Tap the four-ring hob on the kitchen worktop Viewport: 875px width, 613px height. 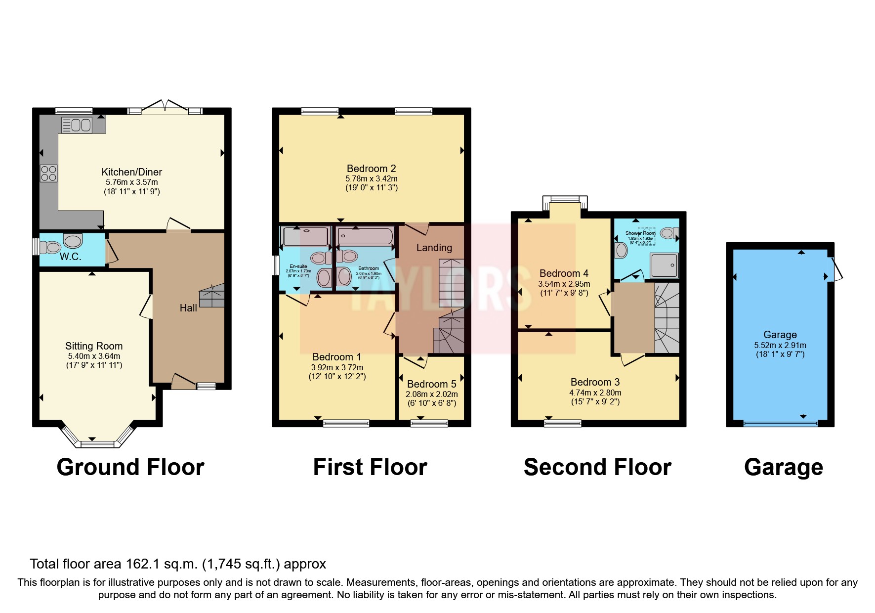[x=48, y=174]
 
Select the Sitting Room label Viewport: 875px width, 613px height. [x=94, y=346]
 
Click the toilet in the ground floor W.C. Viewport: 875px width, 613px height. [x=51, y=247]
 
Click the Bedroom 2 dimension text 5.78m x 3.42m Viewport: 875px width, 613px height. [x=371, y=179]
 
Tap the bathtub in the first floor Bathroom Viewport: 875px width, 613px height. [x=365, y=237]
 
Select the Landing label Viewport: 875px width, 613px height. [x=434, y=248]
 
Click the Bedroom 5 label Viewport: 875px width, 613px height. [x=431, y=384]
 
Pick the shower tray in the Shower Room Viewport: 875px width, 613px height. [x=665, y=265]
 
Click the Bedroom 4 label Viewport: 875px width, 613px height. [x=564, y=273]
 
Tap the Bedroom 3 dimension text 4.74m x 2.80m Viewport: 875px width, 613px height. [x=595, y=393]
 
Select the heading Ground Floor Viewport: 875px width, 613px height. [x=130, y=467]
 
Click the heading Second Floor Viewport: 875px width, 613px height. [x=597, y=467]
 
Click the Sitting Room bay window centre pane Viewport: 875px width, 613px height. [x=97, y=444]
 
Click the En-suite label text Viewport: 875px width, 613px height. [x=298, y=266]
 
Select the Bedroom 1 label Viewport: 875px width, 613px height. [x=336, y=357]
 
